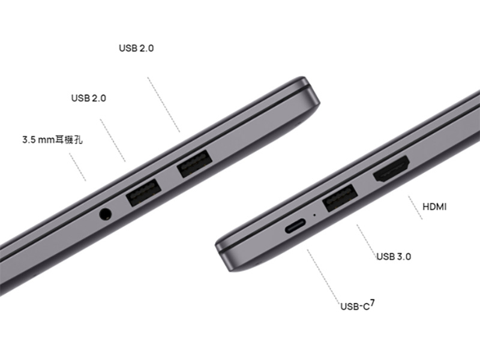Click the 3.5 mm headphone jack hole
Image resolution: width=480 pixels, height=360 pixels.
coord(106,214)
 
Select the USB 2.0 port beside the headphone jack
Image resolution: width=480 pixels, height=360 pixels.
coord(144,192)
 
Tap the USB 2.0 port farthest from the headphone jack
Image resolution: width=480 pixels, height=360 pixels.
coord(194,163)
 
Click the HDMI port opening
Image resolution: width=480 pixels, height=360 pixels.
coord(391,169)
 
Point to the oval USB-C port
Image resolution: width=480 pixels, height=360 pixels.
coord(295,226)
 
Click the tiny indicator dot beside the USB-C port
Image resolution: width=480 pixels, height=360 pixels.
coord(314,215)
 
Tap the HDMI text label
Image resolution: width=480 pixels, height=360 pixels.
coord(434,207)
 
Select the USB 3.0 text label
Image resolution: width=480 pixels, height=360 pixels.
coord(394,256)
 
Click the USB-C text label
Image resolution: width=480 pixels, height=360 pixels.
coord(355,307)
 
